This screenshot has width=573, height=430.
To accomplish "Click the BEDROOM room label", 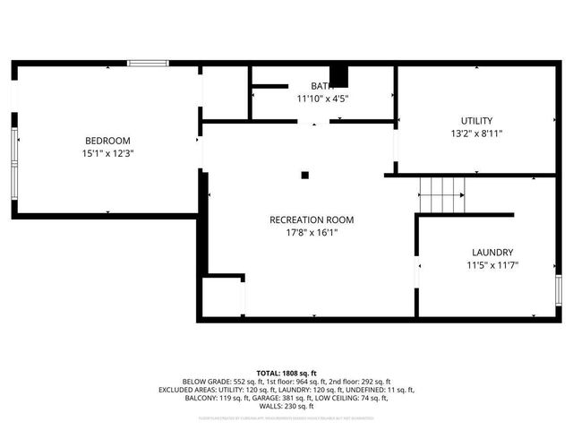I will (107, 141).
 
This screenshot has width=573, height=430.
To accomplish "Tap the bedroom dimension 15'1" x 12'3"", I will (107, 153).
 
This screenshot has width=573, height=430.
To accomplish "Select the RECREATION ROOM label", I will (312, 219).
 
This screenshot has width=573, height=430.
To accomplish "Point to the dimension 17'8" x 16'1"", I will (312, 233).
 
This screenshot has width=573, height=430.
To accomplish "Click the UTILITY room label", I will (476, 121).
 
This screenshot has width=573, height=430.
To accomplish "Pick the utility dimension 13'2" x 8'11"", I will (476, 134).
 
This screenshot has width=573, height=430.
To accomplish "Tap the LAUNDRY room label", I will (492, 253).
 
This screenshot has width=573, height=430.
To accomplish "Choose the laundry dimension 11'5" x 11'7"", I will (492, 265).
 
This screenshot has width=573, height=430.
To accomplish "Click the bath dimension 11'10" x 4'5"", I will (322, 99).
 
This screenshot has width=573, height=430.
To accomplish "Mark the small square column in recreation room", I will (305, 175).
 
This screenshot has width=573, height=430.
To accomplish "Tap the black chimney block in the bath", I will (338, 76).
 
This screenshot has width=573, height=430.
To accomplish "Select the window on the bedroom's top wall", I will (148, 63).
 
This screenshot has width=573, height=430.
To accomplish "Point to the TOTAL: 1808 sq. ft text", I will (286, 373).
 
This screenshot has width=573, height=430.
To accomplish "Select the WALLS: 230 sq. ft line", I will (286, 408).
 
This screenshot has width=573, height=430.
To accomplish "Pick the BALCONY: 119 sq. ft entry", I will (208, 399).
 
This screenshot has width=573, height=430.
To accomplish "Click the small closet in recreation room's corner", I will (222, 296).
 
